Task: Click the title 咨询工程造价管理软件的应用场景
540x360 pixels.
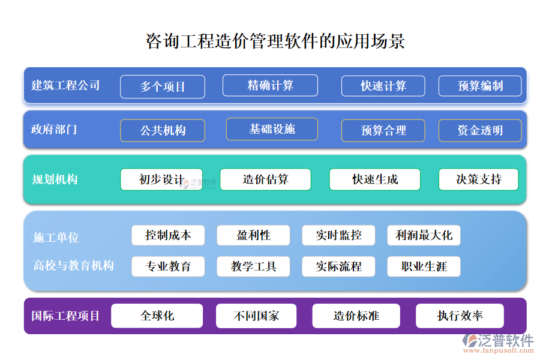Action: click(x=275, y=41)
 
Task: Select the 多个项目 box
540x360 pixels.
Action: click(x=163, y=86)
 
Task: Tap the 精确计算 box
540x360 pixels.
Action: click(x=270, y=85)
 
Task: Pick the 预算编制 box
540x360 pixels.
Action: click(x=480, y=86)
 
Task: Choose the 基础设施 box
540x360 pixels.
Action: click(x=272, y=129)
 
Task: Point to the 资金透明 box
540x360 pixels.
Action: click(x=480, y=130)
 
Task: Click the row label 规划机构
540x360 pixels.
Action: click(x=55, y=179)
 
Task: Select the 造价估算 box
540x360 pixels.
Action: click(x=265, y=179)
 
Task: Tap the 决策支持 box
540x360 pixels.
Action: click(x=478, y=179)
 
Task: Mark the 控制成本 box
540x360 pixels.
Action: click(x=168, y=235)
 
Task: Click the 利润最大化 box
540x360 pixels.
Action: click(x=424, y=235)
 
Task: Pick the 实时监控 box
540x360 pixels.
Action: click(x=338, y=235)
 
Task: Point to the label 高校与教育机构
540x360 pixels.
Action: click(x=74, y=265)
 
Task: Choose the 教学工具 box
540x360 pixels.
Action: click(x=253, y=266)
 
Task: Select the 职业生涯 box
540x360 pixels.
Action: click(x=424, y=266)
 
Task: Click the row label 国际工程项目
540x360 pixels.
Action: click(x=65, y=316)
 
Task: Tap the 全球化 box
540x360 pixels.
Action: click(x=157, y=316)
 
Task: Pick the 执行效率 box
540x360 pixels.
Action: click(x=460, y=316)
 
